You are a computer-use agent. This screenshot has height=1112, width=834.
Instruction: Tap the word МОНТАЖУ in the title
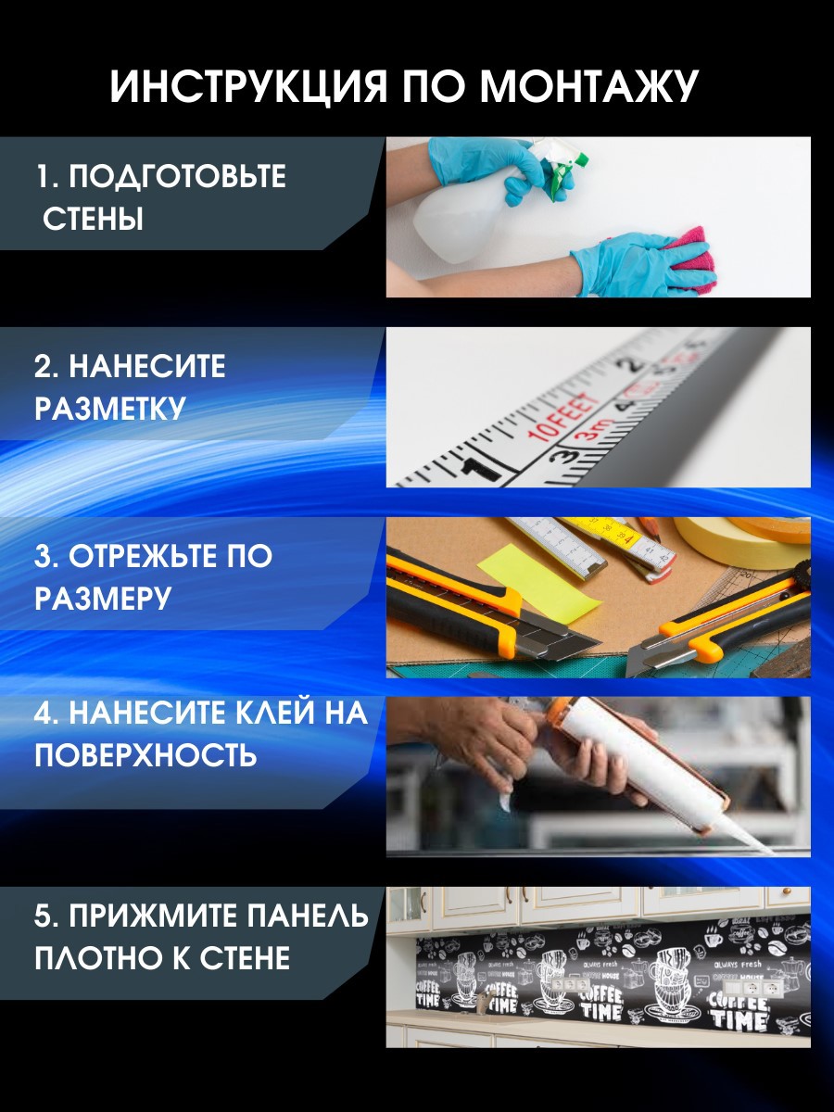click(589, 87)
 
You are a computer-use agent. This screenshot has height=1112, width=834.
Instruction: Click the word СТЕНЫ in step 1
click(94, 221)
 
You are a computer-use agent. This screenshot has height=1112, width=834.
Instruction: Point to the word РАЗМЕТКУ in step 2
click(110, 409)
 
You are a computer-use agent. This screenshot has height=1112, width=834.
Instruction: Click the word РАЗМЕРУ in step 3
click(103, 599)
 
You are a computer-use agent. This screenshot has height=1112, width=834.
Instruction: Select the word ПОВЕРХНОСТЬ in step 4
click(145, 755)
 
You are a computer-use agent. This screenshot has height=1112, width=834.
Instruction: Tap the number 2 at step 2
click(43, 367)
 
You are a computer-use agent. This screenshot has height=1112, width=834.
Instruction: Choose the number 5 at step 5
click(43, 916)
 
